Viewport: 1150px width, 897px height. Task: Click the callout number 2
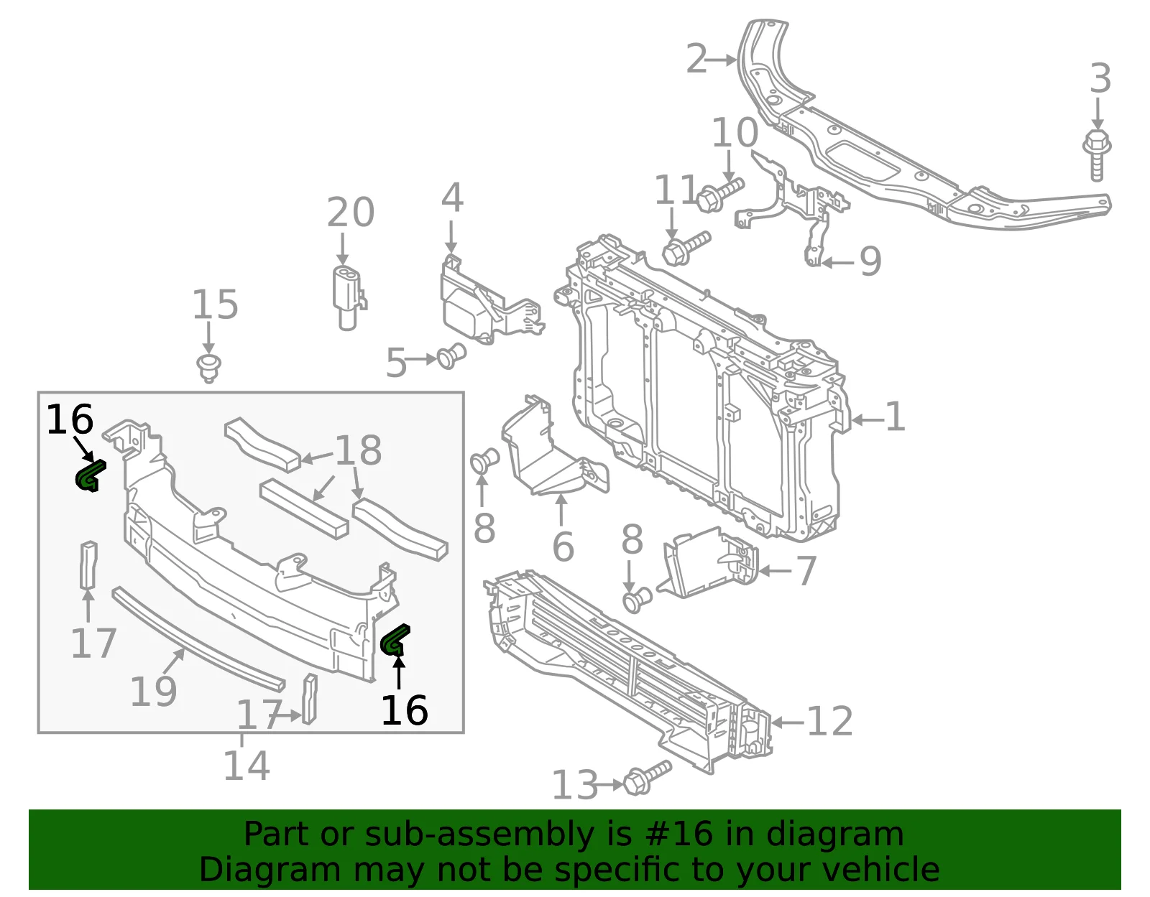pos(696,59)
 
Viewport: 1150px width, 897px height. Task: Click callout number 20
pos(350,213)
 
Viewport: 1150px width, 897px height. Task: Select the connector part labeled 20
pos(349,298)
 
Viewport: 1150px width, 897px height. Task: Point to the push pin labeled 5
pos(451,356)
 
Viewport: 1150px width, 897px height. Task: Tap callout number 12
pos(829,721)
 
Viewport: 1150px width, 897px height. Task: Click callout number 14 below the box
pos(247,766)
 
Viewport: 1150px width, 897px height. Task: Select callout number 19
pos(154,692)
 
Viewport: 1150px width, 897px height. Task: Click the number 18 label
pos(358,451)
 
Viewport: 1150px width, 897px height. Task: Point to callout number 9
pos(870,261)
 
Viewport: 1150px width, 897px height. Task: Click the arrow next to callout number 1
pos(868,420)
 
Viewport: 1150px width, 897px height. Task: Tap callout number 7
pos(806,571)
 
